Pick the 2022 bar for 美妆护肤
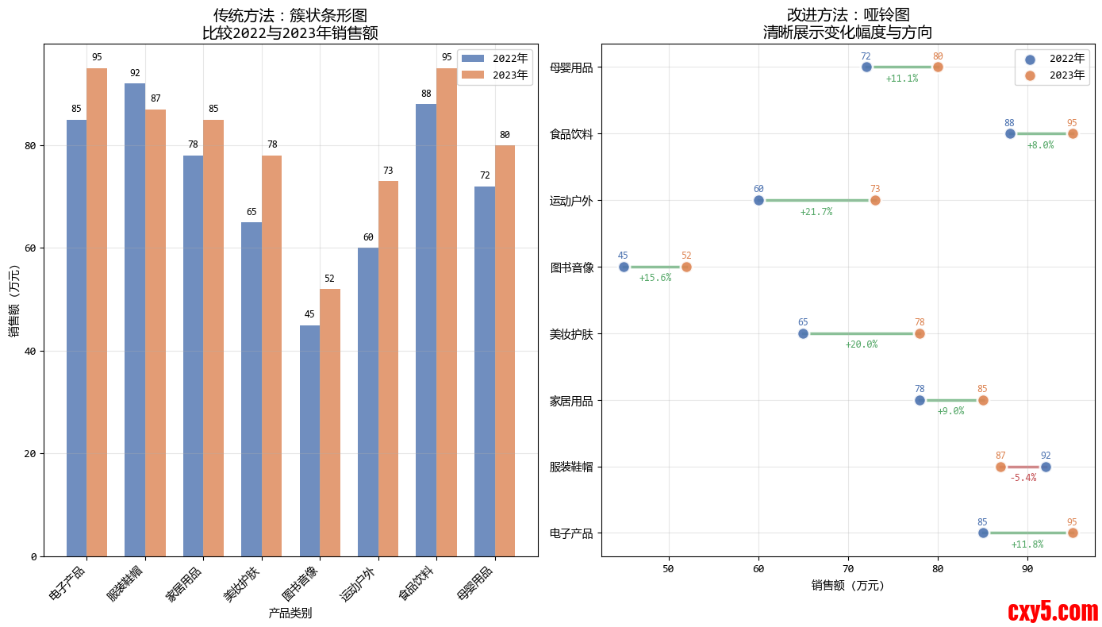pos(252,389)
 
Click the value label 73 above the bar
pos(388,171)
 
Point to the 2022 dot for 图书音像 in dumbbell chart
pos(624,267)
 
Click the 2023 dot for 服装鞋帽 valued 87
pos(1000,467)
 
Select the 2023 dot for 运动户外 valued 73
pos(875,200)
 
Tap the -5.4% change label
pos(1023,478)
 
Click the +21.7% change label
pos(816,212)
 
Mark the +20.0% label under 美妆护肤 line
pos(861,344)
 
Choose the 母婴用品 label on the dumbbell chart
pos(571,67)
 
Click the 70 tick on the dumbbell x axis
pos(848,568)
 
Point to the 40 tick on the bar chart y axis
pos(33,351)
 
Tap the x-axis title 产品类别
pos(290,613)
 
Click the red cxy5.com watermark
pos(1053,611)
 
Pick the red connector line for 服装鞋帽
pos(1023,467)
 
